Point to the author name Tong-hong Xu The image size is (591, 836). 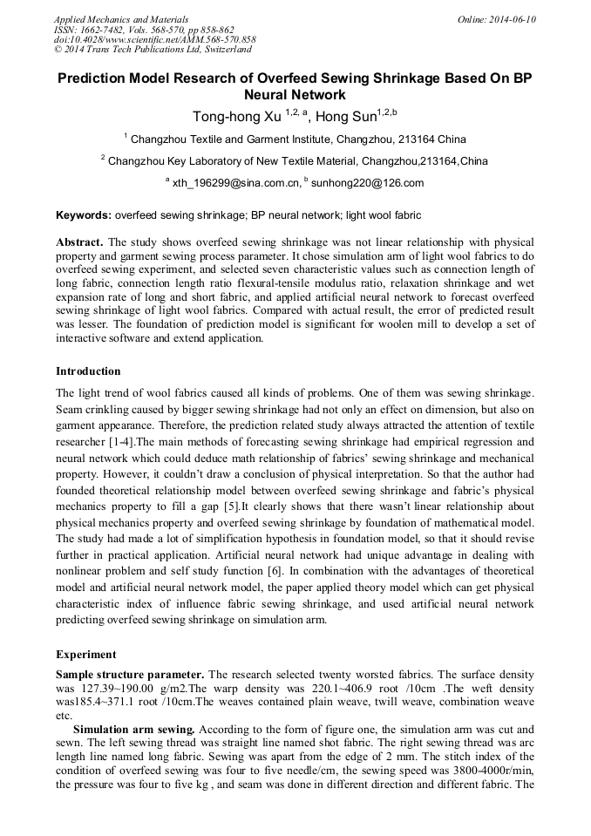230,116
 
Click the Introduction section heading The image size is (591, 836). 88,371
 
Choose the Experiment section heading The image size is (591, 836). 85,654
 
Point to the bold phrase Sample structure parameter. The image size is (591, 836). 130,675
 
